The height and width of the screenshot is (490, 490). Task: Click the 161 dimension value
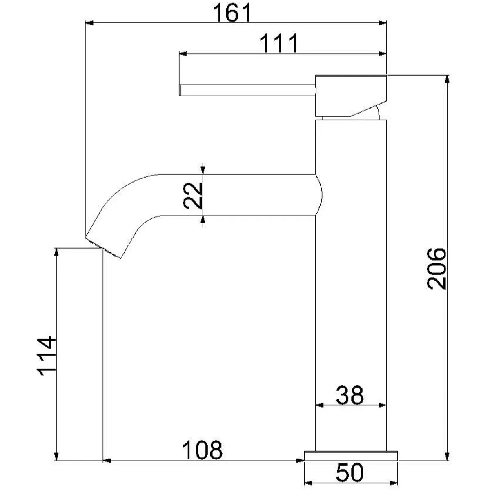coord(232,13)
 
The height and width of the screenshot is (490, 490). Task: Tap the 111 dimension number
coord(278,43)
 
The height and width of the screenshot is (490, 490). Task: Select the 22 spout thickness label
coord(193,196)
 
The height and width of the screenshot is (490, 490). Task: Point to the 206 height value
coord(437,269)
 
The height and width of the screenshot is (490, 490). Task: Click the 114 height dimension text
coord(47,356)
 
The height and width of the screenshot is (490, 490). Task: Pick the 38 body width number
coord(350,395)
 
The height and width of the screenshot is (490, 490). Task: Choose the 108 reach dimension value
coord(202,450)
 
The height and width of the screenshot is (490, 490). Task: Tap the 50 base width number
coord(350,472)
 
